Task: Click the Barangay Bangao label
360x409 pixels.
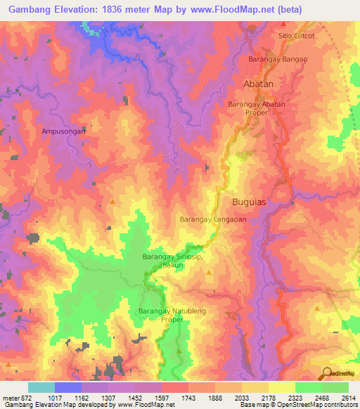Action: (277, 60)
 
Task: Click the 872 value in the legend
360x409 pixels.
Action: (25, 398)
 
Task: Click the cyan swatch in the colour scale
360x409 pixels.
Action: (41, 387)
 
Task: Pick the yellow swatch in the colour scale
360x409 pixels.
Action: (282, 387)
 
